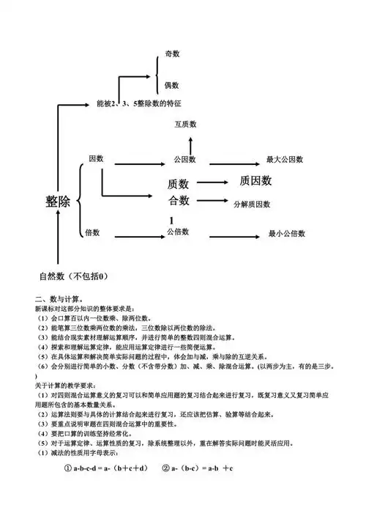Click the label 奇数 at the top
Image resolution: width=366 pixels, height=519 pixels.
click(172, 54)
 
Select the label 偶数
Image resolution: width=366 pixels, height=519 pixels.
click(172, 85)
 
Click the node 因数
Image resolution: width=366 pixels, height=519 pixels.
click(96, 158)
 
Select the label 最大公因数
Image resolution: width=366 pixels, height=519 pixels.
click(285, 159)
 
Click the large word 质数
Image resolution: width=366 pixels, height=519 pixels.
click(179, 183)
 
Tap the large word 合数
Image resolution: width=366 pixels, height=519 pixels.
click(179, 200)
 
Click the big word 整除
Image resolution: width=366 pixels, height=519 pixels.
click(58, 202)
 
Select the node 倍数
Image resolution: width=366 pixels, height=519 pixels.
click(92, 232)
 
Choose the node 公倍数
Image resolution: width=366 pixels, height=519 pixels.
click(178, 232)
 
